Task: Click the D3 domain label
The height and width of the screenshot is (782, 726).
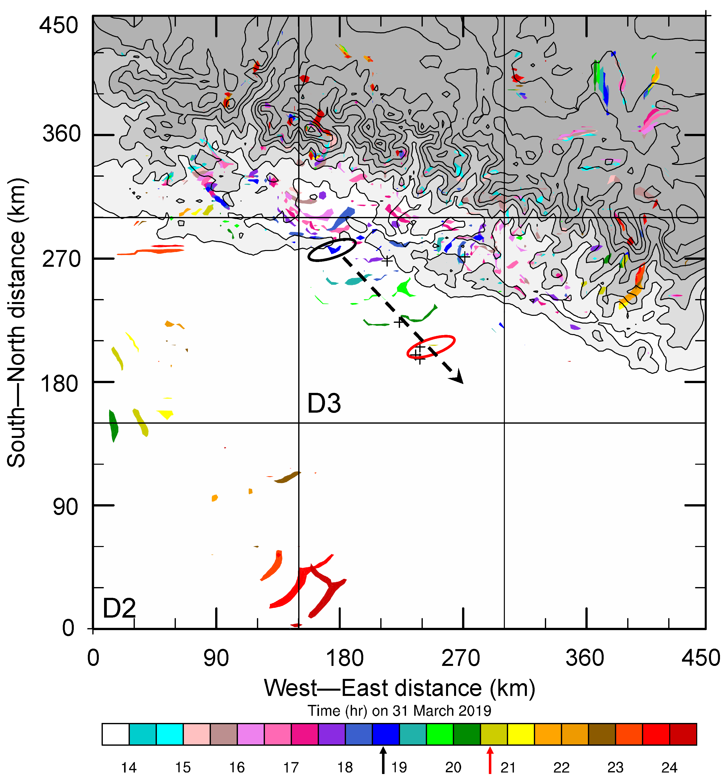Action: tap(324, 404)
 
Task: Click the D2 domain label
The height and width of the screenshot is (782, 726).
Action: tap(119, 608)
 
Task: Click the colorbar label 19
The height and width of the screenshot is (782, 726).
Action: tap(399, 767)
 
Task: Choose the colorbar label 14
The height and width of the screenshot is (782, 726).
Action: tap(129, 767)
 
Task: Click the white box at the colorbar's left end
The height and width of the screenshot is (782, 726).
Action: tap(116, 734)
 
